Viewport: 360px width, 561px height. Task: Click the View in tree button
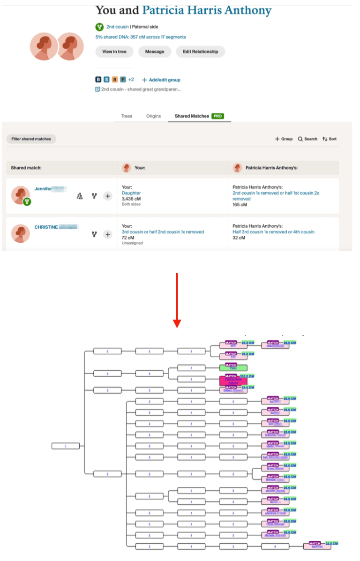[114, 52]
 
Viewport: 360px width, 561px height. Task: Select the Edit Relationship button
[200, 52]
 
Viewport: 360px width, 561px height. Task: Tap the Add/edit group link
[161, 80]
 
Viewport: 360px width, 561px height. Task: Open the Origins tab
[153, 116]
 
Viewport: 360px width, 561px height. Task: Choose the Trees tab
[127, 116]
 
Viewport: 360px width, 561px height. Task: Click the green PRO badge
[217, 116]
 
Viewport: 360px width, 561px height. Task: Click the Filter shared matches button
[31, 139]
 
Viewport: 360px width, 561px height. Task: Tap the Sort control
[329, 139]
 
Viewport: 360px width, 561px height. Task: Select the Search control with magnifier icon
[307, 139]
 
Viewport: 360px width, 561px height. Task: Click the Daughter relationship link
[131, 193]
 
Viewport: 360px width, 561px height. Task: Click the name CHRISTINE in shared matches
[46, 227]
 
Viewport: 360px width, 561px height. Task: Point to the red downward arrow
[177, 300]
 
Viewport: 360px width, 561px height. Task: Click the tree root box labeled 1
[66, 446]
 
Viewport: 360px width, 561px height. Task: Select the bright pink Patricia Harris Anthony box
[233, 381]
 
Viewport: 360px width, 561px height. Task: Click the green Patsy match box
[233, 367]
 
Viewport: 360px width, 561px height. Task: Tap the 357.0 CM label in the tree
[247, 376]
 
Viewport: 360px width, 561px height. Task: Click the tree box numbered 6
[276, 546]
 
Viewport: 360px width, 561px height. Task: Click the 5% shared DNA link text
[141, 37]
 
